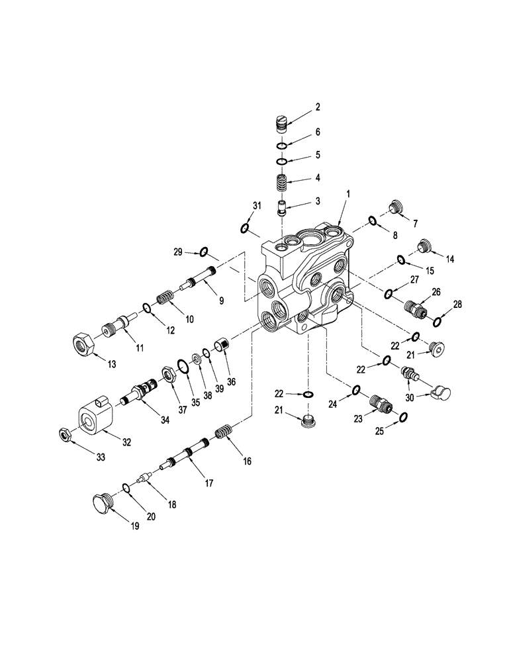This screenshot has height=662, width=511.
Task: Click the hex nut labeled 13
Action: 83,342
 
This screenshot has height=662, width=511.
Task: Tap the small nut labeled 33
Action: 65,434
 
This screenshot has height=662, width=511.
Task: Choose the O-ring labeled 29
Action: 204,252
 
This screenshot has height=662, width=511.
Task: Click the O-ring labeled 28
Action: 438,322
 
